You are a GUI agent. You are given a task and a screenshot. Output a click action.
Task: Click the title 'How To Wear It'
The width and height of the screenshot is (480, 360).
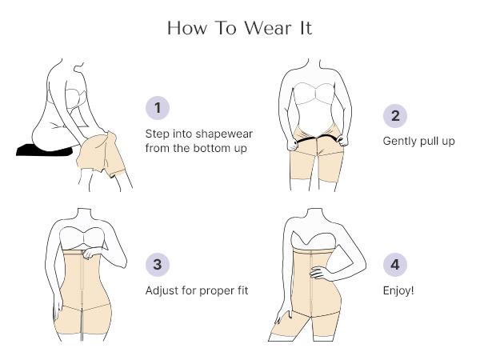[x=240, y=28]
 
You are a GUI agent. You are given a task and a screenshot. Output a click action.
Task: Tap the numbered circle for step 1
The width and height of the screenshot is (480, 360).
[x=158, y=107]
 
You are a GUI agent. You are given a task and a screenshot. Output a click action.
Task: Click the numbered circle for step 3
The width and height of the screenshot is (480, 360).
[x=158, y=264]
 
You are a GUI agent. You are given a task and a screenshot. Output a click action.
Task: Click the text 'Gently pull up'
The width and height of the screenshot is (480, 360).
[x=418, y=141]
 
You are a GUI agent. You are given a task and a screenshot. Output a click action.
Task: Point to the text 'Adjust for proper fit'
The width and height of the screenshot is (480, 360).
[x=196, y=290]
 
